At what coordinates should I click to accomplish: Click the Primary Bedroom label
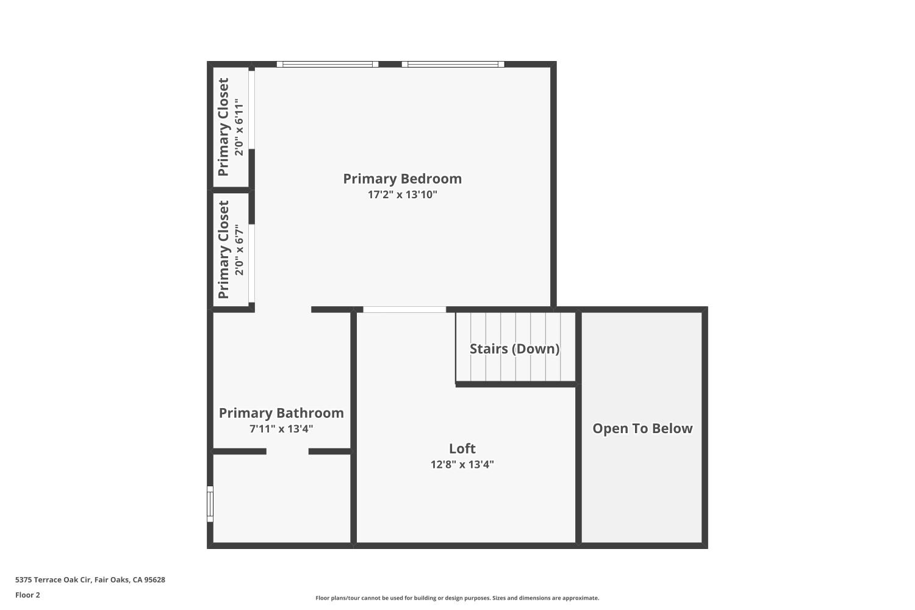click(402, 179)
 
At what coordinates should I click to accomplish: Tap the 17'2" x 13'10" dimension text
click(402, 195)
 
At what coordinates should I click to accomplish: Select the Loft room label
click(462, 449)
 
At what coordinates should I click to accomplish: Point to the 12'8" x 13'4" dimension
click(462, 464)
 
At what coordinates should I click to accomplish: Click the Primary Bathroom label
click(281, 413)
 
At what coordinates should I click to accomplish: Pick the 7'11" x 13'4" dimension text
click(281, 429)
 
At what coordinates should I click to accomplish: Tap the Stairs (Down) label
click(514, 349)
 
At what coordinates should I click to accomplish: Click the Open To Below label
click(642, 428)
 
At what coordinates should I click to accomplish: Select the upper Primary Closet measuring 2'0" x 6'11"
click(230, 127)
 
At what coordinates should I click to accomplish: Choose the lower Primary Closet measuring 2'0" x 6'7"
click(230, 249)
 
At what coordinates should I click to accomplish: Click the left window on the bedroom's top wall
click(328, 64)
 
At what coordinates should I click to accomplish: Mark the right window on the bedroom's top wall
click(453, 64)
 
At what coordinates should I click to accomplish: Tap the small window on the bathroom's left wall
click(210, 504)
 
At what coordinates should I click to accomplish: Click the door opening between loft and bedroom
click(404, 310)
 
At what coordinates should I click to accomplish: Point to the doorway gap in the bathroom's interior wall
click(287, 451)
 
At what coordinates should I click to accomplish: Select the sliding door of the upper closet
click(251, 110)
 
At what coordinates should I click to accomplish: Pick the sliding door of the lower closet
click(251, 263)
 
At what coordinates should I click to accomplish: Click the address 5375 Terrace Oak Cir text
click(90, 580)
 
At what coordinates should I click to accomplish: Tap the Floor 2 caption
click(27, 595)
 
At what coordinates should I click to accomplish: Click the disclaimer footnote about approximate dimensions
click(457, 598)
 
